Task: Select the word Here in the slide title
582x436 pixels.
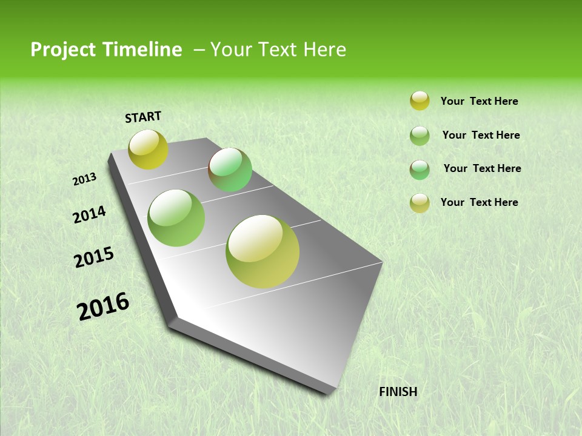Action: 324,50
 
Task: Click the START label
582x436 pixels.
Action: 143,117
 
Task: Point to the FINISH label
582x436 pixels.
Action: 398,392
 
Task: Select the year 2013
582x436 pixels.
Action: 84,179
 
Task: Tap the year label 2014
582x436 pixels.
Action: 89,215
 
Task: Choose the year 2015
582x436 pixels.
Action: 94,257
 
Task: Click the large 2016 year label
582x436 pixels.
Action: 103,306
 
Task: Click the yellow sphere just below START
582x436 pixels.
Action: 148,149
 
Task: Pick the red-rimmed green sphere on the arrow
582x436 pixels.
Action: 230,170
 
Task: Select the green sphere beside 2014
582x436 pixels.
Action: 176,218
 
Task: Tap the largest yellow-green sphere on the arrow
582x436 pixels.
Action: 263,251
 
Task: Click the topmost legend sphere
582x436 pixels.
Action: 420,101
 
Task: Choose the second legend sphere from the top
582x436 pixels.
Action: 420,136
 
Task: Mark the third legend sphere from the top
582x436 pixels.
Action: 420,170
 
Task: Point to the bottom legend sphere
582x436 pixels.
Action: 420,203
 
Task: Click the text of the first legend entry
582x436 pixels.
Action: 479,102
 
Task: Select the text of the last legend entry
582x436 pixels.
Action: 479,202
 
